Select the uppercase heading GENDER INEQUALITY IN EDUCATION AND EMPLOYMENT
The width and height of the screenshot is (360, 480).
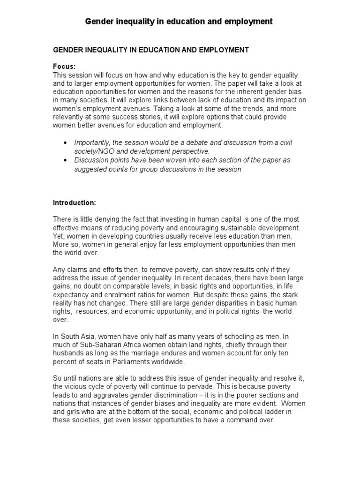[150, 50]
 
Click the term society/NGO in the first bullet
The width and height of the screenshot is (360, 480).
[97, 151]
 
